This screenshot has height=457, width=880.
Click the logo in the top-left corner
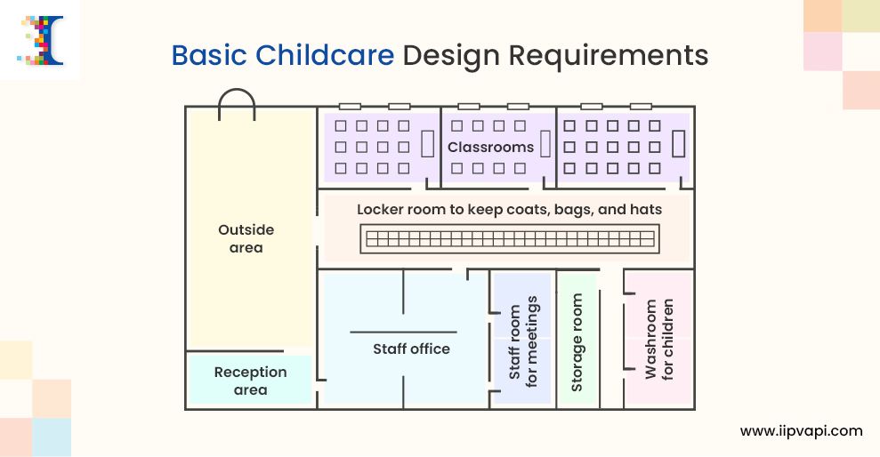click(x=40, y=40)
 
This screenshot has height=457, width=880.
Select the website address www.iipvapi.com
click(x=801, y=431)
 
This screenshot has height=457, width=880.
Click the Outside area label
click(x=246, y=238)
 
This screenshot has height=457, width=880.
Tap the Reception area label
click(x=250, y=381)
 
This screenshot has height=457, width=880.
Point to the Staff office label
click(x=411, y=349)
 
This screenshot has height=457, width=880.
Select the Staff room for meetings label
click(x=523, y=339)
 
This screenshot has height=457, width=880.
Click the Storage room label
click(x=577, y=344)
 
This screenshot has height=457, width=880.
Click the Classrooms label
click(x=490, y=147)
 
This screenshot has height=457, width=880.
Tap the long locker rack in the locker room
click(x=512, y=238)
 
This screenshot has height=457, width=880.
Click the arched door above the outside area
click(x=238, y=104)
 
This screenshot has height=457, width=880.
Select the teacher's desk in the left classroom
click(x=427, y=144)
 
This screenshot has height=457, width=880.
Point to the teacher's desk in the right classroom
click(x=680, y=144)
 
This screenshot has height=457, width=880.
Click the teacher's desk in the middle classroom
click(x=545, y=144)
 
